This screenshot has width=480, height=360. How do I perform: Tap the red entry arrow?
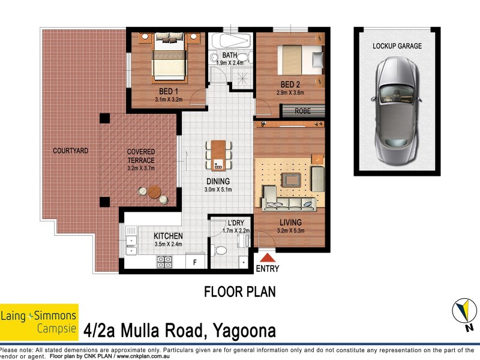[x=267, y=257]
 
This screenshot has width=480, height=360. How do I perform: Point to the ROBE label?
[x=302, y=111]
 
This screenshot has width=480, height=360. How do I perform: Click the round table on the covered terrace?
[x=154, y=194]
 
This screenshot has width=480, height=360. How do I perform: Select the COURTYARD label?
[x=70, y=151]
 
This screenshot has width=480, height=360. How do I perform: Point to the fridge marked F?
[x=196, y=262]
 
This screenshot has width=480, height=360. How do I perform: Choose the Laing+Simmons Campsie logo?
[x=39, y=322]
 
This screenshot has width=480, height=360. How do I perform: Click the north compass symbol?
[x=463, y=313]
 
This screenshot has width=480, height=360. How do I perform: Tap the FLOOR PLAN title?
[x=240, y=292]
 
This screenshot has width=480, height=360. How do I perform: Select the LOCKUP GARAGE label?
[x=397, y=46]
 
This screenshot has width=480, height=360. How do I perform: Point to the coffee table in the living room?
[x=292, y=179]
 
